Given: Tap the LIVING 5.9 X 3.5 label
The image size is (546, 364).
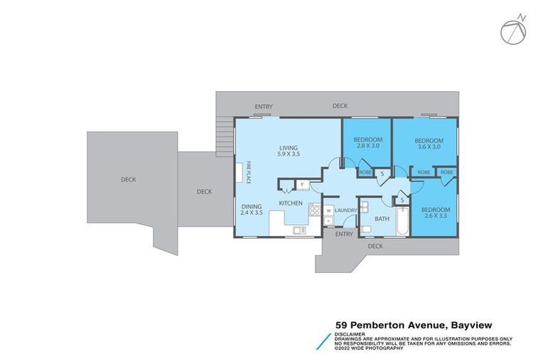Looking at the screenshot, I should coord(288,151).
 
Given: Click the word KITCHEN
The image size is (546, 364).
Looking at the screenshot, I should coord(291,203).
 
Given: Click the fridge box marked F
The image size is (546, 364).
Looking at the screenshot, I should coord(301,186).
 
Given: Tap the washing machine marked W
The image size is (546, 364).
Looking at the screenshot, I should coord(328,210).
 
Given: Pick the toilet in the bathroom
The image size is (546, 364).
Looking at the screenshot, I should coord(365,230).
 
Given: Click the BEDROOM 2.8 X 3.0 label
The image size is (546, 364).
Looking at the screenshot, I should coord(368,142).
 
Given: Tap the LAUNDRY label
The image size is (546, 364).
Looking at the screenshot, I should coord(346,210).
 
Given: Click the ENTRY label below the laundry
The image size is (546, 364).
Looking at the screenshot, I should coord(343,234).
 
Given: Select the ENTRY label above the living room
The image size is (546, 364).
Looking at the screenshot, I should coord(263,107).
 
